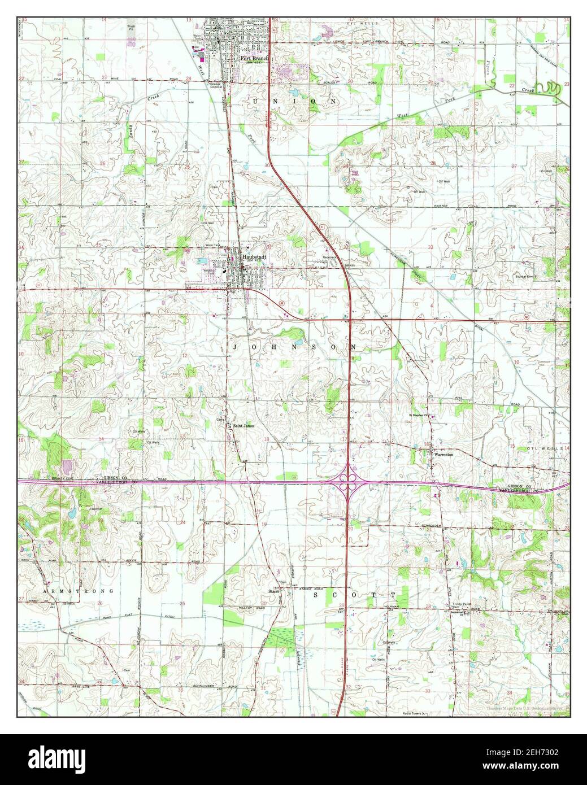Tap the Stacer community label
coord(274,591)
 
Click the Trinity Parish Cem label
coord(460,604)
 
